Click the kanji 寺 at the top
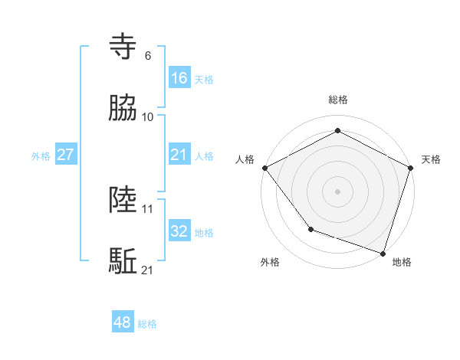[x=123, y=46]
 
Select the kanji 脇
[x=123, y=108]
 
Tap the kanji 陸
[x=123, y=200]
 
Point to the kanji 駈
[x=123, y=261]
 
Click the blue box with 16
[x=179, y=77]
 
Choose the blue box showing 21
[x=179, y=155]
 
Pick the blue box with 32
[x=179, y=231]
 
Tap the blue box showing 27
[x=65, y=155]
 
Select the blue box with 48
[x=123, y=322]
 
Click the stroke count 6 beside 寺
[x=148, y=55]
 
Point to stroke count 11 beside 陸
[x=148, y=208]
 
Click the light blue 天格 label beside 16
[x=204, y=79]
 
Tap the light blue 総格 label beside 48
[x=147, y=324]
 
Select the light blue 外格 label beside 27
[x=41, y=156]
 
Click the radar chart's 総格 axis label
[x=337, y=100]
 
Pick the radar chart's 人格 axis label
[x=245, y=159]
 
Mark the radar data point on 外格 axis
[x=310, y=228]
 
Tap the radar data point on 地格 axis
[x=383, y=253]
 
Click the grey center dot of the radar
[x=337, y=191]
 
